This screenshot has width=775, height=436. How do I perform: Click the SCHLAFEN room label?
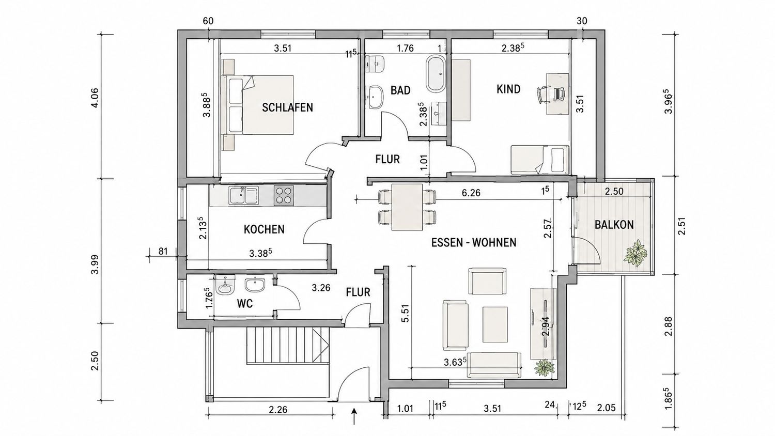(x=287, y=107)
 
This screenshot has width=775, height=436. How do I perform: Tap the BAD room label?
(x=400, y=90)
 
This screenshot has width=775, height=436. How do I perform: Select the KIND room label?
(x=508, y=89)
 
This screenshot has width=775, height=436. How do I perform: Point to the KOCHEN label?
(x=264, y=229)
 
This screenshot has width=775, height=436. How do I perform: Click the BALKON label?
(x=614, y=225)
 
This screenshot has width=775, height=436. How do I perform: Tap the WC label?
(x=245, y=304)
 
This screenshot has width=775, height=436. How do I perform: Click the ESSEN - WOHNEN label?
(x=474, y=243)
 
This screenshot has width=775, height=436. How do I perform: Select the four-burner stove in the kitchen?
(x=284, y=194)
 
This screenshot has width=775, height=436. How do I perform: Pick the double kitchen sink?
(x=243, y=195)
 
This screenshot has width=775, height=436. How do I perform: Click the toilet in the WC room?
(x=225, y=286)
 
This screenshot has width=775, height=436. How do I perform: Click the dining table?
(x=407, y=207)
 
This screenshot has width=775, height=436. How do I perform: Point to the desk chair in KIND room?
(x=544, y=94)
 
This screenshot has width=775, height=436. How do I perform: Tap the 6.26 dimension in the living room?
(x=471, y=193)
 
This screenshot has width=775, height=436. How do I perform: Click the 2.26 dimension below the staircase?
(x=278, y=410)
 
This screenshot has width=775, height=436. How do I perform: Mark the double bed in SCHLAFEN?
(x=258, y=104)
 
